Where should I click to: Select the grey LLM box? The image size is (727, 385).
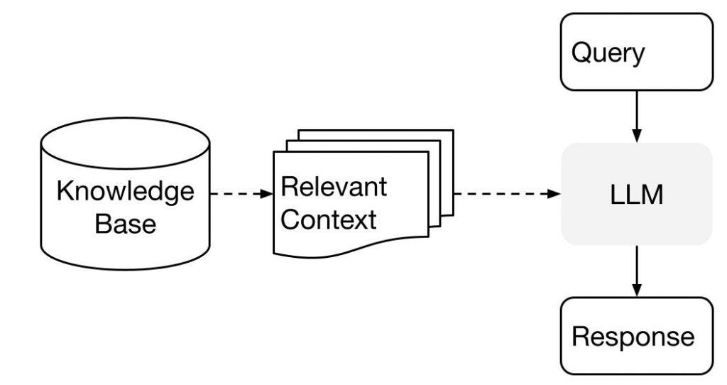pyautogui.click(x=636, y=194)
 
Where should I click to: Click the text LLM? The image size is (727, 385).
pyautogui.click(x=636, y=195)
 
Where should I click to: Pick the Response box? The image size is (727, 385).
pyautogui.click(x=636, y=335)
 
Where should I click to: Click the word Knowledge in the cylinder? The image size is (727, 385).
pyautogui.click(x=125, y=191)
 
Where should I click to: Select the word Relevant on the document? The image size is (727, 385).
pyautogui.click(x=334, y=186)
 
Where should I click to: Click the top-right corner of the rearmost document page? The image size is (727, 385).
pyautogui.click(x=452, y=131)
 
